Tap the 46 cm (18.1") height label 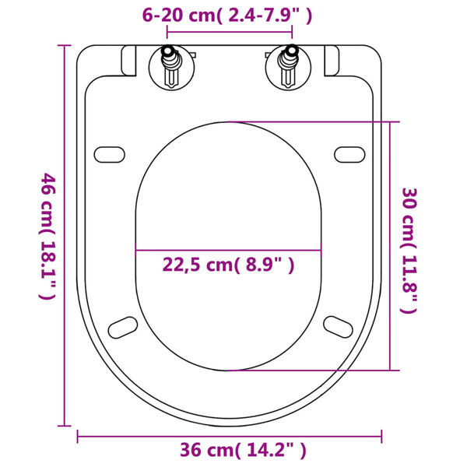pos(48,237)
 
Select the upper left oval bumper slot pos(108,153)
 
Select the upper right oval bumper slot pos(351,153)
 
